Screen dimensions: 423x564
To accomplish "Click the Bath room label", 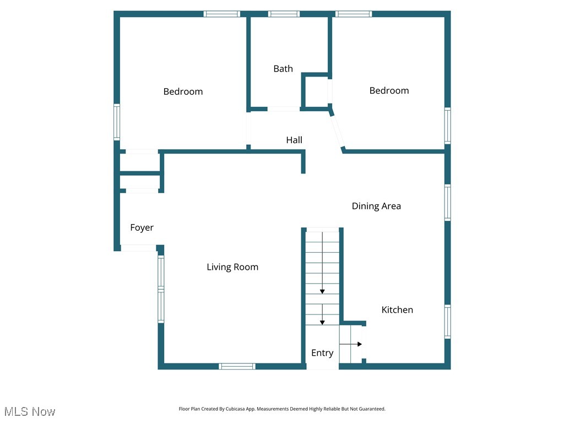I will pos(283,69).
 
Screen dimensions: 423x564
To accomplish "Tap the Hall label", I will pos(294,140).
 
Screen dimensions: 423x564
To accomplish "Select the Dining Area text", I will pos(376,206).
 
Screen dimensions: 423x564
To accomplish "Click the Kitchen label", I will pos(397,310).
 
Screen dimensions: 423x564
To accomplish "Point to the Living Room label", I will pos(232,267).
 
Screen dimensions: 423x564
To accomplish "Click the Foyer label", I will pos(142,227).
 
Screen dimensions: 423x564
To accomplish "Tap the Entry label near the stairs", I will pos(322,353).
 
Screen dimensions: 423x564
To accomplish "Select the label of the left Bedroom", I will pos(183,91).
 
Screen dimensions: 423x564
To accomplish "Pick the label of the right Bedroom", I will pos(389,90).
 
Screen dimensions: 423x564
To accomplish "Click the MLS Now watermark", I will pos(30,411).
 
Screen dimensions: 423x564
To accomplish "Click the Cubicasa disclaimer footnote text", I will pos(282,409).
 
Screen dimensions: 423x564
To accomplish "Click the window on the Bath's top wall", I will pos(284,14).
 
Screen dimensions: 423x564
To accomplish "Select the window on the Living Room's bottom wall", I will pos(237,366).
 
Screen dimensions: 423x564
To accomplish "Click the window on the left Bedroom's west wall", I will pos(117,122).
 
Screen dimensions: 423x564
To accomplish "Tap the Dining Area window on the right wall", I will pos(448,203).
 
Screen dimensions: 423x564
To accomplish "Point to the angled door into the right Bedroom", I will pos(337,130).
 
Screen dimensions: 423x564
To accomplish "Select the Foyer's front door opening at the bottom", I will pos(138,248).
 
